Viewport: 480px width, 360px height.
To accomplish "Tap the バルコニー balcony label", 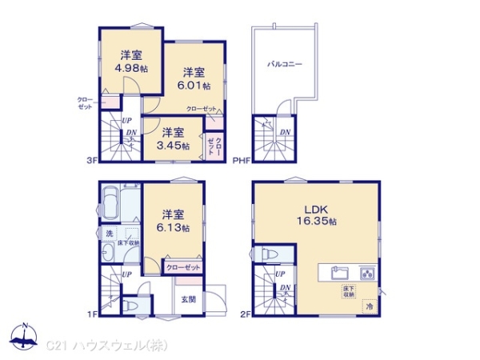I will pyautogui.click(x=285, y=65).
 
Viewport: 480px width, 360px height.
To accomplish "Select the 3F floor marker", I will pyautogui.click(x=91, y=160).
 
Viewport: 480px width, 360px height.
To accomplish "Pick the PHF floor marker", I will pyautogui.click(x=241, y=160).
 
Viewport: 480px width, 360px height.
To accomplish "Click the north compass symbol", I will pyautogui.click(x=24, y=338).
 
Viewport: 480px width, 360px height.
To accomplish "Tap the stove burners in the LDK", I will pyautogui.click(x=367, y=272).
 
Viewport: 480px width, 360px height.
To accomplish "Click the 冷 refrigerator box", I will pyautogui.click(x=370, y=305).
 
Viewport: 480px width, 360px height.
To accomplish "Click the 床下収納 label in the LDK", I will pyautogui.click(x=350, y=290).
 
